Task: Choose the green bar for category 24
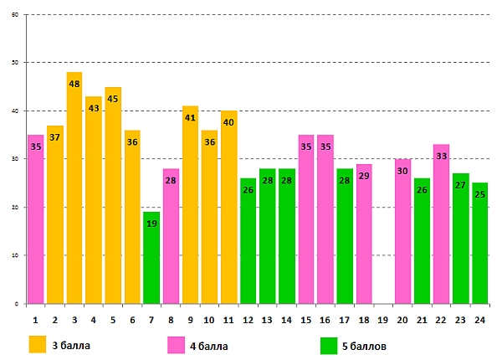(x=479, y=247)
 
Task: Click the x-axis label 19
(x=383, y=319)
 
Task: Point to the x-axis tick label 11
(x=228, y=319)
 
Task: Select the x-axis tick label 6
(x=132, y=319)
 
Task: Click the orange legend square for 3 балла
(x=38, y=344)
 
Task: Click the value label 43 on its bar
(x=94, y=108)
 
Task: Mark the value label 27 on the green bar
(x=460, y=185)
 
